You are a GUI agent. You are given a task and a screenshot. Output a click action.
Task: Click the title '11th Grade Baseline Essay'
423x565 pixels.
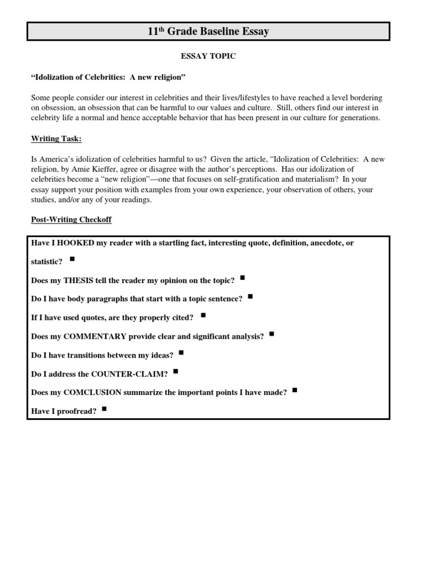[208, 31]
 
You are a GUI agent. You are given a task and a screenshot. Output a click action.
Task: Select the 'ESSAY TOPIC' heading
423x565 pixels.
[208, 57]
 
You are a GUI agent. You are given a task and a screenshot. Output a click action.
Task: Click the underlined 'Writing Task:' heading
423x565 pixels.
[56, 139]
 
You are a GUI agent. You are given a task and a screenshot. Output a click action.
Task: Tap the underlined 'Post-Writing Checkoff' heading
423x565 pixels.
[71, 220]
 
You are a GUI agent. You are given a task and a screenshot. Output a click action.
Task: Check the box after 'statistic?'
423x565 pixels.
[73, 258]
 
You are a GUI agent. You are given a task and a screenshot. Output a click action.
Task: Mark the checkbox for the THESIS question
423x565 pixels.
[243, 278]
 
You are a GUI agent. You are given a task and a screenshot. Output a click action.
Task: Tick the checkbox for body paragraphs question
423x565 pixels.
[251, 296]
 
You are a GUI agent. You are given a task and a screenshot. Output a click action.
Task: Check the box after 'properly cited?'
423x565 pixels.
[203, 315]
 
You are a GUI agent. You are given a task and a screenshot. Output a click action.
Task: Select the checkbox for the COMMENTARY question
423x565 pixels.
[272, 334]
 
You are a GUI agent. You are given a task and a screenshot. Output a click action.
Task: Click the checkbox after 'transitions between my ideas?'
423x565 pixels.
[181, 353]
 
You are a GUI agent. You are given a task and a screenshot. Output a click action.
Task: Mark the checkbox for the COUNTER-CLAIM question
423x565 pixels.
[175, 371]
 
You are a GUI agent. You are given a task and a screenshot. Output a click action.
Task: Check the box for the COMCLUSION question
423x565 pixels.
[295, 390]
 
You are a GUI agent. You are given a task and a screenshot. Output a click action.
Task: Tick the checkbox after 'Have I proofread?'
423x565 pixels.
[105, 409]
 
